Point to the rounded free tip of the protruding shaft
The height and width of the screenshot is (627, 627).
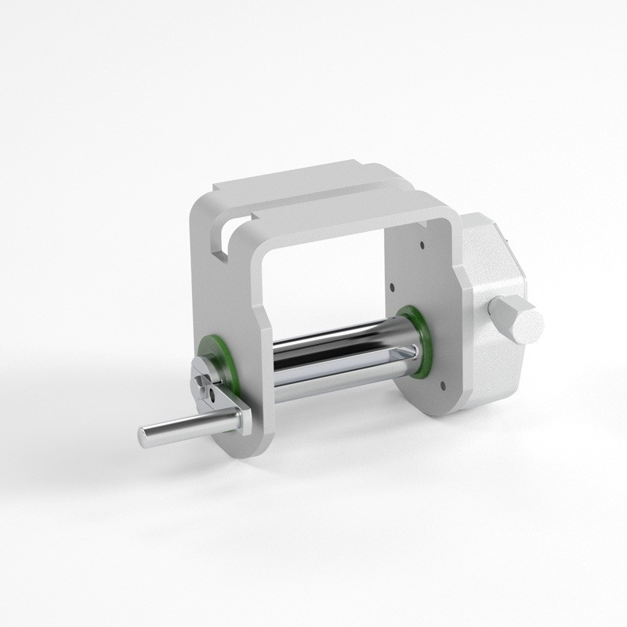tap(146, 436)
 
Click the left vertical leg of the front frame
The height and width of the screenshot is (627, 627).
tap(259, 329)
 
